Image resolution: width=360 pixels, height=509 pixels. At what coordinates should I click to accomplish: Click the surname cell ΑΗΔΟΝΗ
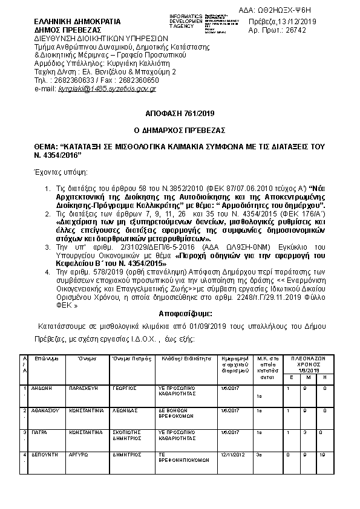click(41, 387)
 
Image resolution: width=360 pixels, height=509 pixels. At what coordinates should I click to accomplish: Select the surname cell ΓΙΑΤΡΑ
click(39, 432)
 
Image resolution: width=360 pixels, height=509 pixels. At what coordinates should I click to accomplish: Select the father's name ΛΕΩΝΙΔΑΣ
click(125, 410)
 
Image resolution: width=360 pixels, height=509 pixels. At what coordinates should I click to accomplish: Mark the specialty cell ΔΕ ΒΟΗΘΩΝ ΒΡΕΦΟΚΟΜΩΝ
click(177, 413)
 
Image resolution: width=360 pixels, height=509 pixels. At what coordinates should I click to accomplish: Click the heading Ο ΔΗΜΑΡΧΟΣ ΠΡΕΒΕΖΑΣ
click(179, 129)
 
